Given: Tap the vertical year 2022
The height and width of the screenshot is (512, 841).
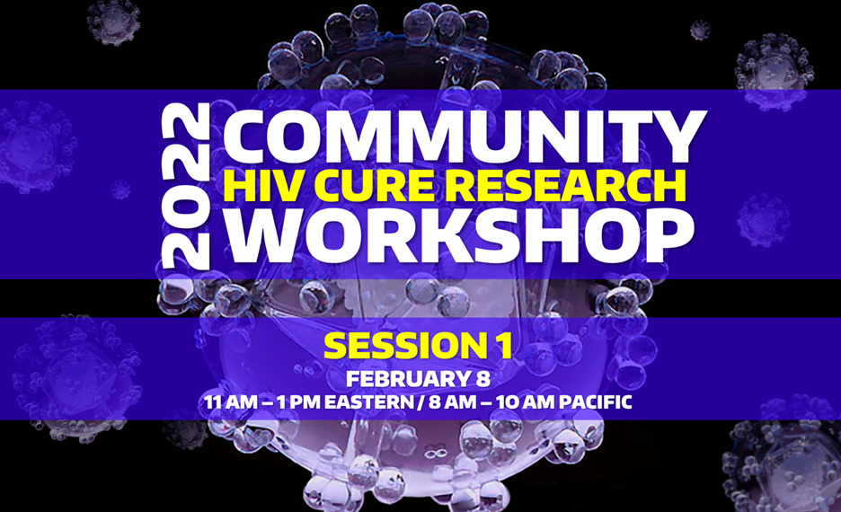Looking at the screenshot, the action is pyautogui.click(x=186, y=186).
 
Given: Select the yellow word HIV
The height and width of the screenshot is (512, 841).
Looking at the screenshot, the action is pyautogui.click(x=255, y=186).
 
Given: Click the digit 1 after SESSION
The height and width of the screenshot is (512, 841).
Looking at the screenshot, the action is pyautogui.click(x=502, y=346).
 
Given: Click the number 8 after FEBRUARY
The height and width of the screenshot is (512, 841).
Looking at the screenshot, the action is pyautogui.click(x=482, y=379).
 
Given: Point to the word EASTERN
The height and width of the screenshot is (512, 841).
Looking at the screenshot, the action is pyautogui.click(x=369, y=402).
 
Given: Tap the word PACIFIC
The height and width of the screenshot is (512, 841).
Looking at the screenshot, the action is pyautogui.click(x=596, y=402).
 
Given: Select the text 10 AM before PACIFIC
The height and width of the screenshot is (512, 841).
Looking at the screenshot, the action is pyautogui.click(x=526, y=402).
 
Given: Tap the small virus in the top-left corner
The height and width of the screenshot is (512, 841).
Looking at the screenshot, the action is pyautogui.click(x=114, y=22).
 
